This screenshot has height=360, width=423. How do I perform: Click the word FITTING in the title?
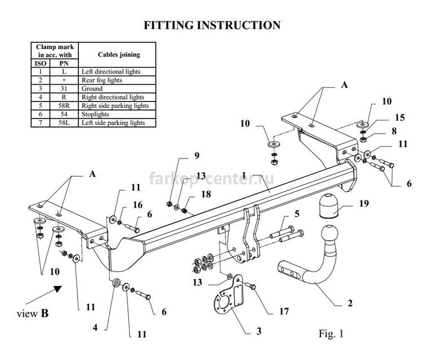[x=169, y=25]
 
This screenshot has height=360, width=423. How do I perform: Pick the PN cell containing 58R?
[x=64, y=106]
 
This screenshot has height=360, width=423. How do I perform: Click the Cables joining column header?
[x=119, y=55]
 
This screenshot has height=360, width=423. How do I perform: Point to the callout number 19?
[x=364, y=203]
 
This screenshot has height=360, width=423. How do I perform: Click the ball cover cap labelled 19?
[x=329, y=205]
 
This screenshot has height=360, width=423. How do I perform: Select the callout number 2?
[x=350, y=303]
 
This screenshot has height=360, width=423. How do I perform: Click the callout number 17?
[x=284, y=311]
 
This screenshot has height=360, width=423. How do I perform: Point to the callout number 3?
[x=259, y=331]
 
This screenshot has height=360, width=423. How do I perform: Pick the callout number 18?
[x=206, y=194]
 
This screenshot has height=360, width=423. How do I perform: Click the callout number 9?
[x=197, y=155]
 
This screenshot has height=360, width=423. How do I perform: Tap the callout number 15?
[x=399, y=117]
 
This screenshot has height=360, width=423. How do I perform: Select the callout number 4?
[x=95, y=328]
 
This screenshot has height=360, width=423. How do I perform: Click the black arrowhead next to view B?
[x=57, y=289]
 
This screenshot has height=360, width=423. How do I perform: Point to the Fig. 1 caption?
[x=331, y=333]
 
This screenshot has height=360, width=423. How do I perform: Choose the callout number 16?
[x=138, y=205]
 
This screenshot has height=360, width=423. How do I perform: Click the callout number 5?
[x=297, y=214]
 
